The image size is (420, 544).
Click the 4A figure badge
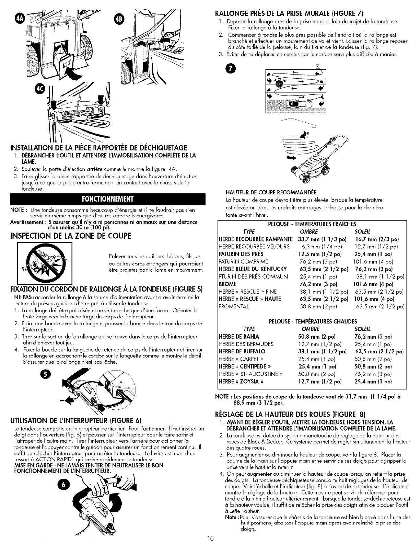[x=20, y=19]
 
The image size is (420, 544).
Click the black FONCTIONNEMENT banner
[x=107, y=199]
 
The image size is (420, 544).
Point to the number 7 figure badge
[x=230, y=69]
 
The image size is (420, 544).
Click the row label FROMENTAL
[x=234, y=307]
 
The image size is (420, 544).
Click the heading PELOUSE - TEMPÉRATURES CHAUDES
[x=313, y=321]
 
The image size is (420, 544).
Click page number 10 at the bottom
[x=210, y=539]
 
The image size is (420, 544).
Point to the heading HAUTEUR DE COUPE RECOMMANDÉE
[x=271, y=192]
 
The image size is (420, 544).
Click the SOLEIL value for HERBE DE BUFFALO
[x=379, y=351]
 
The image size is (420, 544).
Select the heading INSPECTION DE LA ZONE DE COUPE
[x=71, y=236]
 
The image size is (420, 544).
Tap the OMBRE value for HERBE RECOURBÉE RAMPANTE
[x=322, y=239]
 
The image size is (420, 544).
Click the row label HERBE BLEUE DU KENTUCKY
[x=253, y=269]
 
